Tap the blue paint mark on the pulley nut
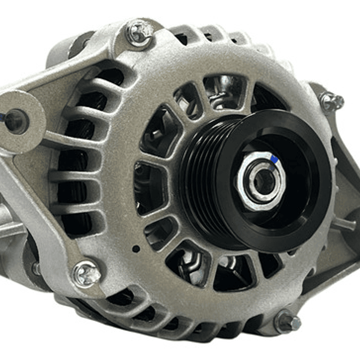click(274, 159)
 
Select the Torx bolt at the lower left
click(87, 273)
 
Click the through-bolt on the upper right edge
click(332, 102)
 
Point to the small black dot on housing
click(136, 248)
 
